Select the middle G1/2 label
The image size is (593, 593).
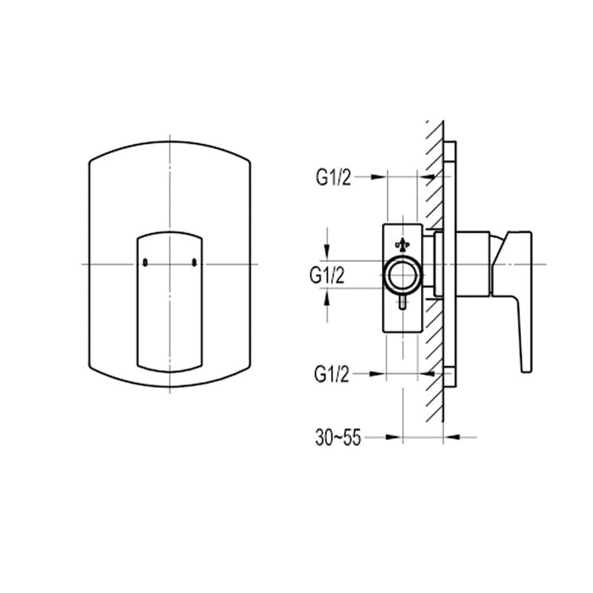[x=327, y=274]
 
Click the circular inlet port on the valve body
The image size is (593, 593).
[x=402, y=274]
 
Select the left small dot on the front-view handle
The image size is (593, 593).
[x=145, y=263]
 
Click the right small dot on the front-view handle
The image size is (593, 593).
[x=196, y=263]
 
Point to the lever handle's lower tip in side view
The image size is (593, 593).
[x=527, y=366]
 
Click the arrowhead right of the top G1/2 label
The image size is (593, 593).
[x=380, y=178]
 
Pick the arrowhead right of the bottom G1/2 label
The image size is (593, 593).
[x=380, y=374]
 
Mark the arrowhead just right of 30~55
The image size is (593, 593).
[x=395, y=437]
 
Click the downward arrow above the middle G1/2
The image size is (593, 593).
[x=328, y=252]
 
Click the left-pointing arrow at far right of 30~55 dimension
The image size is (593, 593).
[x=450, y=437]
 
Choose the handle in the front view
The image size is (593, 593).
[x=169, y=301]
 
